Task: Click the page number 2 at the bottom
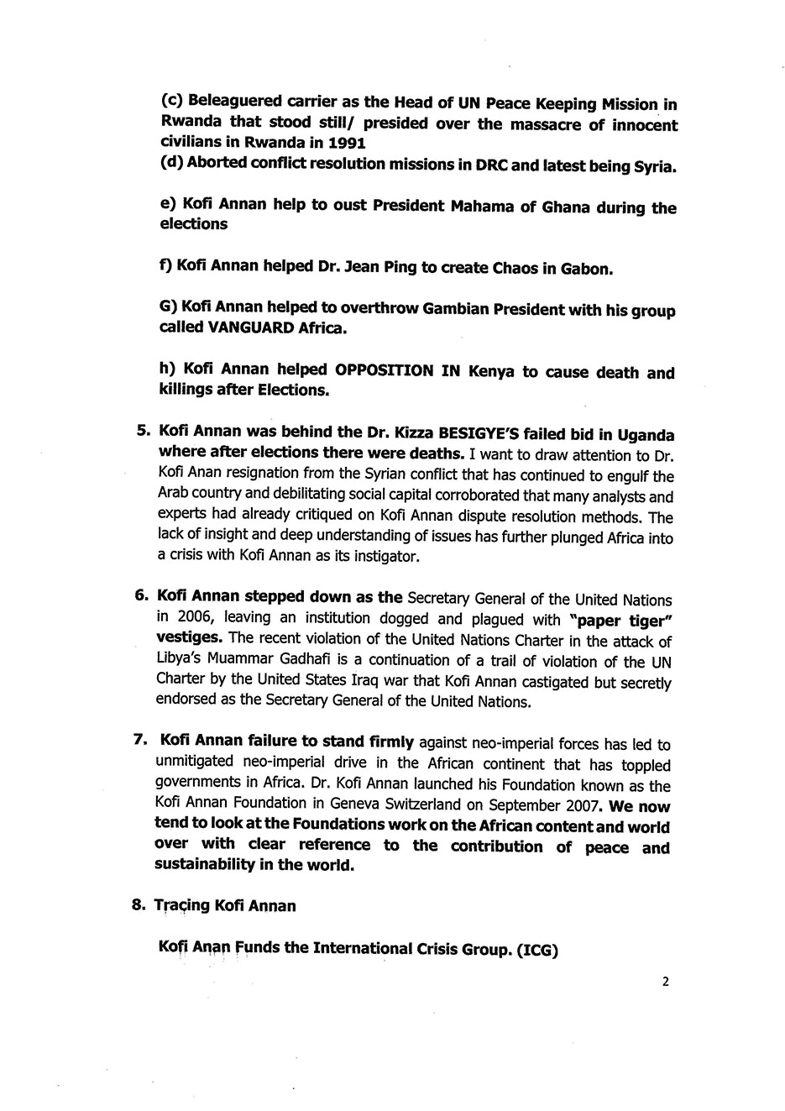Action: coord(665,981)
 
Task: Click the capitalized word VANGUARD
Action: coord(254,328)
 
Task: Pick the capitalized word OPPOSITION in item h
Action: coord(385,372)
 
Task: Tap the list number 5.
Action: coord(141,432)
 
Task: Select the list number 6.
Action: coord(141,595)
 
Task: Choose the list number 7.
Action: coord(139,741)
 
